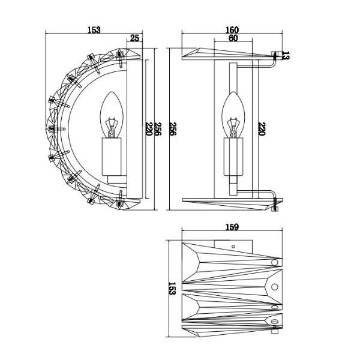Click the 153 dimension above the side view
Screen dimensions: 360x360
94,30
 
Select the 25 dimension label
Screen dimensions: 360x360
134,38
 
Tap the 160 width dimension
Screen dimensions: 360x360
232,30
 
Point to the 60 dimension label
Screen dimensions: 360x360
233,38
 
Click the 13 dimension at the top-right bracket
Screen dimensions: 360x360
286,55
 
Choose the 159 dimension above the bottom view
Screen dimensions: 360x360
232,227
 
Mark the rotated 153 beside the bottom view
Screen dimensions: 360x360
172,289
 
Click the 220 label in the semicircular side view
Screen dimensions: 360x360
149,129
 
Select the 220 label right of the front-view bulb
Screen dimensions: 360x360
262,129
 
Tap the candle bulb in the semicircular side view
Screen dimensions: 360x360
112,115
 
